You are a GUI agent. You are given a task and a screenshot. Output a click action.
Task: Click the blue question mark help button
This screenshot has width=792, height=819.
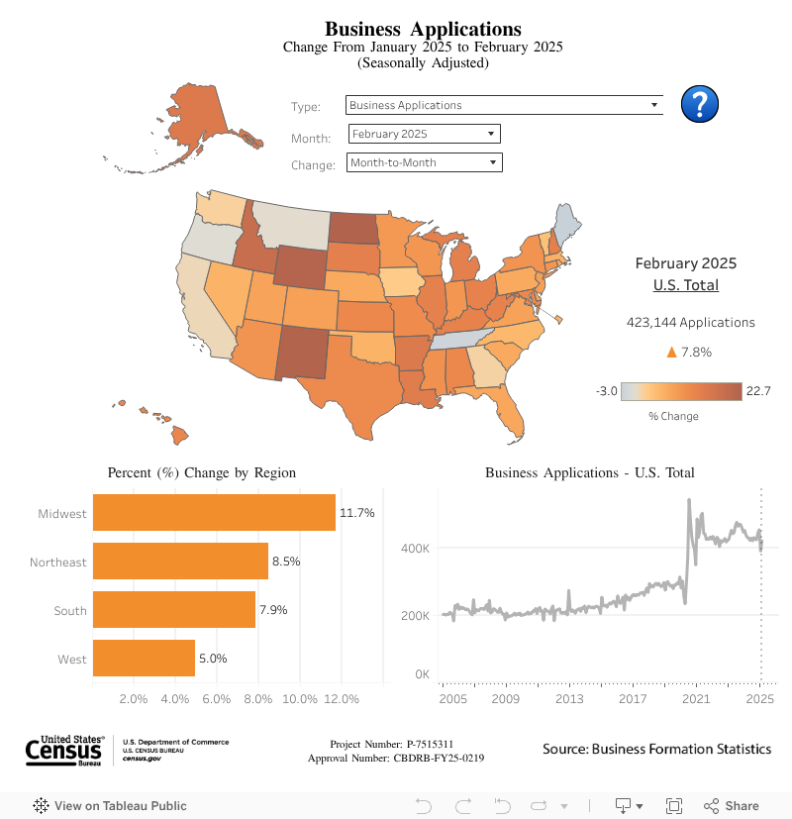pos(700,104)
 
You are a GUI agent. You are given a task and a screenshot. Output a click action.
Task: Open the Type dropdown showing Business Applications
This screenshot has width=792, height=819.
pos(504,105)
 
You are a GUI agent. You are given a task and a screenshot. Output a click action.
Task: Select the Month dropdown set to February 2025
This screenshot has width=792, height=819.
pos(425,134)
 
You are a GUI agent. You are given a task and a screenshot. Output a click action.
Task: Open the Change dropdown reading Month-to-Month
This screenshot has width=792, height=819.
pos(424,162)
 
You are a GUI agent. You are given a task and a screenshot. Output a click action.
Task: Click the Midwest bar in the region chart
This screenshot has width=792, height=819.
pos(214,513)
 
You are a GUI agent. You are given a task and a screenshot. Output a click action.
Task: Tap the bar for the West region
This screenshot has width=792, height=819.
pos(144,659)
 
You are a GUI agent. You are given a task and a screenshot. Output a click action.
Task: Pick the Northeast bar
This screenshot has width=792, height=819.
pos(180,562)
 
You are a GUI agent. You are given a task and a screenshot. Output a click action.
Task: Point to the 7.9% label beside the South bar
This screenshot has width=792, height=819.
pos(273,610)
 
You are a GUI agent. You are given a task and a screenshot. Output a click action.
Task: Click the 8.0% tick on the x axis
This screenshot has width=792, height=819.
pos(258,699)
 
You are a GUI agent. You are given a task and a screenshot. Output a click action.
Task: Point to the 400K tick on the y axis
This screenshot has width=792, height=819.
pos(415,548)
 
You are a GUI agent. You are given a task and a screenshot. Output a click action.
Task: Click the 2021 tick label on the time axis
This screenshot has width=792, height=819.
pos(697,699)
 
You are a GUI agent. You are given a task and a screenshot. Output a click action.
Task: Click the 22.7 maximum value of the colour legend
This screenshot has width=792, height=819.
pos(758,391)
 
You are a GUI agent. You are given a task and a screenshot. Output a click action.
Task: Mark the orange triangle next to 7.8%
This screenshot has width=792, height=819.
pos(671,352)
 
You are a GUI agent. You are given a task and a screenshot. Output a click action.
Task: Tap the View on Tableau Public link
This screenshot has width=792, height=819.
pos(110,806)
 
